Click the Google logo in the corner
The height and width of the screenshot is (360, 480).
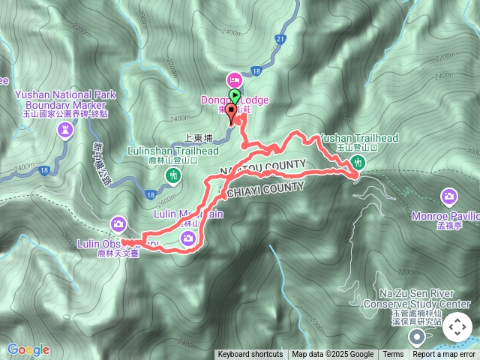pyautogui.click(x=28, y=349)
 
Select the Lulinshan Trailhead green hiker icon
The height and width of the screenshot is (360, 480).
pyautogui.click(x=174, y=175)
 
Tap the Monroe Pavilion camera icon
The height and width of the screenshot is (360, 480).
pyautogui.click(x=449, y=196)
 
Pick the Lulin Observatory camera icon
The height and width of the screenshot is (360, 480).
pyautogui.click(x=118, y=223)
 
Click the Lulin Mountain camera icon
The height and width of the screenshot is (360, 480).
pyautogui.click(x=188, y=238)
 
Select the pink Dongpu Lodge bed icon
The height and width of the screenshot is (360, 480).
pyautogui.click(x=234, y=79)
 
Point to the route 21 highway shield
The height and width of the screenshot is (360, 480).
pyautogui.click(x=280, y=38)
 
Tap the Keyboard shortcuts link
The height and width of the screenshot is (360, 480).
pyautogui.click(x=250, y=355)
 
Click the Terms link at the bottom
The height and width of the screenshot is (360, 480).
pyautogui.click(x=393, y=355)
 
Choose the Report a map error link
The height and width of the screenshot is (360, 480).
pyautogui.click(x=444, y=355)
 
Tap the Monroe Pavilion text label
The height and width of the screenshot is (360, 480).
pyautogui.click(x=445, y=216)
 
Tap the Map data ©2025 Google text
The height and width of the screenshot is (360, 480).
pyautogui.click(x=333, y=355)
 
